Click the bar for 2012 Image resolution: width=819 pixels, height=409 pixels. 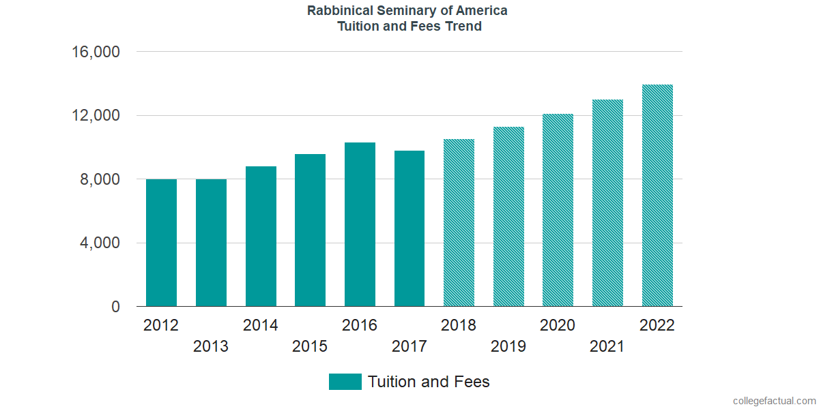tap(161, 243)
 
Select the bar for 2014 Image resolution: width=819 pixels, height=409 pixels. tap(261, 237)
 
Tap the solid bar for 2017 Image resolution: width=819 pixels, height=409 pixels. tap(409, 228)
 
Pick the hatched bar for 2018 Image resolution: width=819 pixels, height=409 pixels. tap(459, 223)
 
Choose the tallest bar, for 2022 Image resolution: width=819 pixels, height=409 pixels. tap(657, 196)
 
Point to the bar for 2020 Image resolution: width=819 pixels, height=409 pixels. tap(558, 210)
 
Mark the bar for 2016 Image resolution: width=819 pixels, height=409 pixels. tap(360, 224)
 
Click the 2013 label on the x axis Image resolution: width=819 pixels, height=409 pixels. tap(211, 347)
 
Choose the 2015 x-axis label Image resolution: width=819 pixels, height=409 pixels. tap(310, 347)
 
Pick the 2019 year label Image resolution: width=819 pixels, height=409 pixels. tap(508, 347)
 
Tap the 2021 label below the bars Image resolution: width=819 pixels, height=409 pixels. tap(607, 347)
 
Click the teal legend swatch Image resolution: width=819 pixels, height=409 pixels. tap(345, 382)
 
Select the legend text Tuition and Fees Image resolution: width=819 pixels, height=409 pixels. tap(429, 382)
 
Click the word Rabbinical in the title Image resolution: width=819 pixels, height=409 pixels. tap(339, 11)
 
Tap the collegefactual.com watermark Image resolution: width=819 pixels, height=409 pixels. tap(774, 401)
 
